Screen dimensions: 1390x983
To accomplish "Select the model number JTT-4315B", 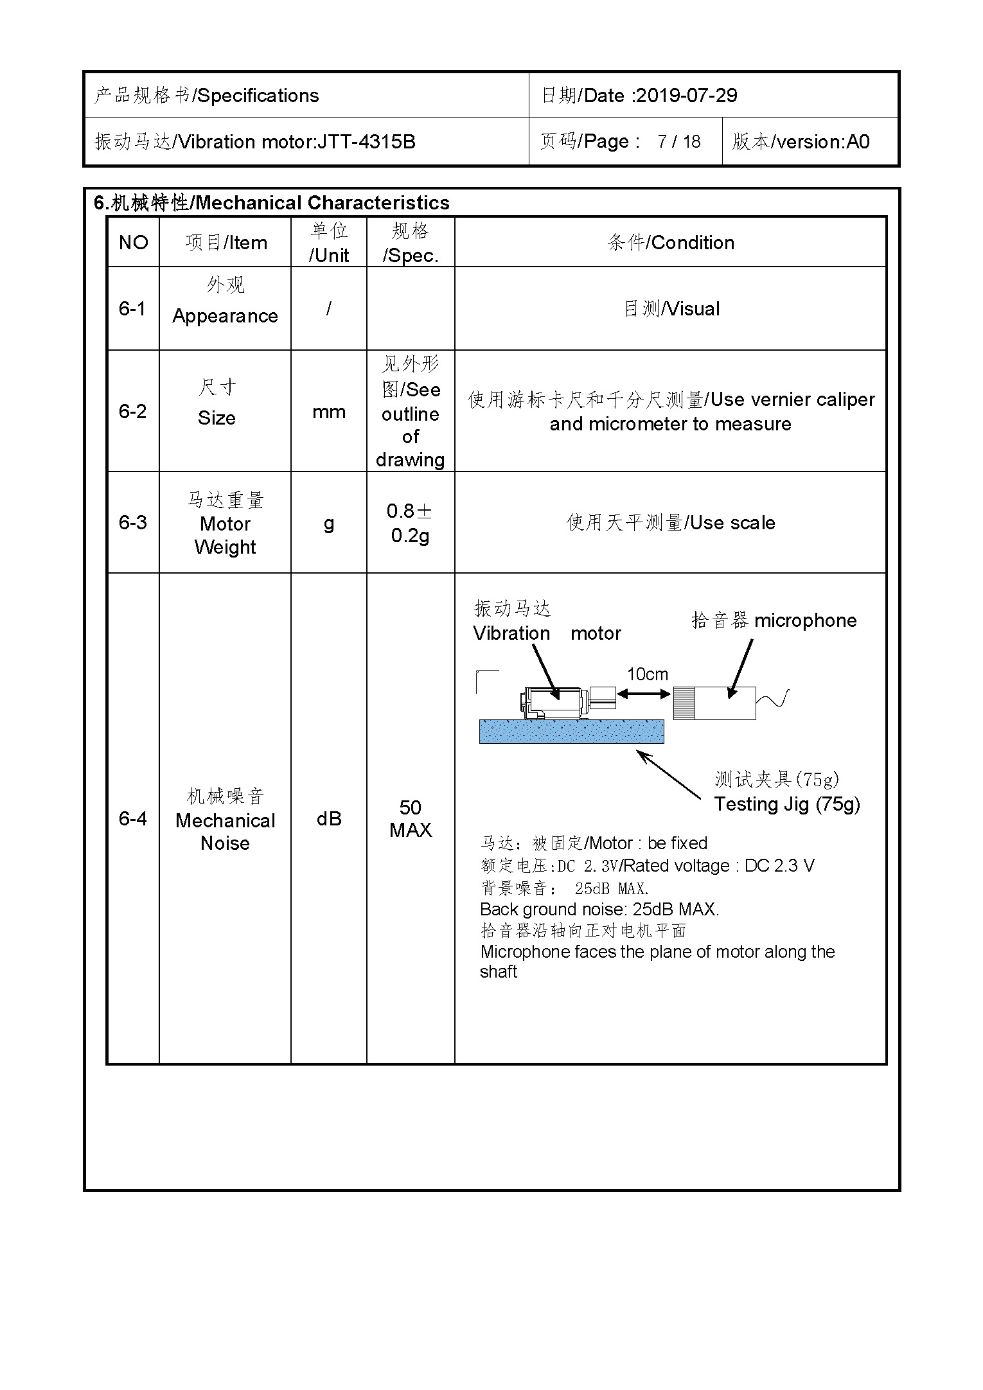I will pos(366,141).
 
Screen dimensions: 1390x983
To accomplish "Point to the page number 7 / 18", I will pos(678,141).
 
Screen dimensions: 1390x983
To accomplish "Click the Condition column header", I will pos(670,243).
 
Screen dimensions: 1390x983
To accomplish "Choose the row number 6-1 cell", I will pos(132,309).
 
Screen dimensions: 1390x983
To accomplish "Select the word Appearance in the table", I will pos(225,316).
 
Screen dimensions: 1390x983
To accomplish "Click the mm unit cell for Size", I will pos(328,412).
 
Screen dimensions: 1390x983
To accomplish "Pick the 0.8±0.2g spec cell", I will pos(410,523).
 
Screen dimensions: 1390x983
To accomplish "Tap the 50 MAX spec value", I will pos(410,819).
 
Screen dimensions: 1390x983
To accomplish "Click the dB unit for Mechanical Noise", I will pos(328,819).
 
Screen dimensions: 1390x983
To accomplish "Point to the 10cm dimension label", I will pos(647,674).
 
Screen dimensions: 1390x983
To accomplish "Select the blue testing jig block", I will pos(571,732).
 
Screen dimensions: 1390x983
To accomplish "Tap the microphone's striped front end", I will pos(684,703).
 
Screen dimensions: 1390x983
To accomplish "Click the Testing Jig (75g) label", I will pos(787,804).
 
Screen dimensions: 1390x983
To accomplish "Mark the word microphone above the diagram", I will pos(805,620).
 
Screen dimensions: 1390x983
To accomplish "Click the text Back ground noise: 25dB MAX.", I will pos(599,910).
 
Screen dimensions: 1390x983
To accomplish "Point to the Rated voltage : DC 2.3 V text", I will pos(719,866).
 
